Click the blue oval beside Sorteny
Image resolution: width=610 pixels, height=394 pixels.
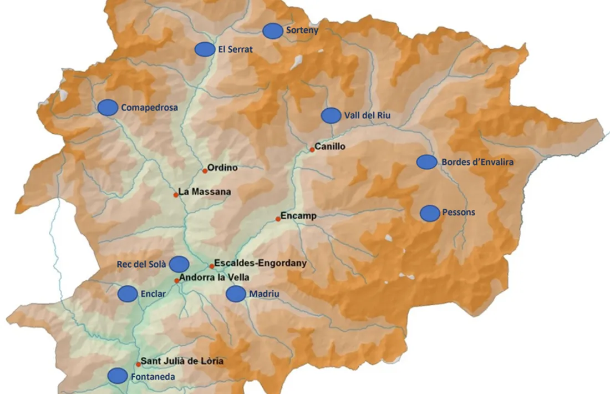(272, 31)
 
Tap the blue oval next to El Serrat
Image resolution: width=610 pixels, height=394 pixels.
(205, 49)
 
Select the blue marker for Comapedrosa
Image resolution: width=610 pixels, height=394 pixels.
(108, 108)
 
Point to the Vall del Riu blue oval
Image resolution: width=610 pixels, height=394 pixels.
(331, 115)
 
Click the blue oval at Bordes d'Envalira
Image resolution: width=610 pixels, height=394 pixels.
(427, 162)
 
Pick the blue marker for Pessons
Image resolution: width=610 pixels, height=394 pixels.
(430, 213)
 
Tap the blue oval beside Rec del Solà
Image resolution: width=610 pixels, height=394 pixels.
(179, 264)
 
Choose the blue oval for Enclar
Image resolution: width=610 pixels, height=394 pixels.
(128, 294)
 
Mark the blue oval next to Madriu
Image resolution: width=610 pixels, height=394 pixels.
(236, 294)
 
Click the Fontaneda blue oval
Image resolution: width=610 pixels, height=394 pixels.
(118, 376)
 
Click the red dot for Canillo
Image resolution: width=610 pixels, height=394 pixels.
(312, 149)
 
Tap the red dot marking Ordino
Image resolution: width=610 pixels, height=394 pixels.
(205, 170)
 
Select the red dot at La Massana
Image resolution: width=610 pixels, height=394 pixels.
(176, 195)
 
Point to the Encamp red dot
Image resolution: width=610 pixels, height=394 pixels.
(278, 219)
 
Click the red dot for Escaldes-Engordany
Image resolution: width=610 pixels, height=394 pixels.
(211, 266)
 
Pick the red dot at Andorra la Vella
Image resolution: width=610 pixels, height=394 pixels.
(177, 281)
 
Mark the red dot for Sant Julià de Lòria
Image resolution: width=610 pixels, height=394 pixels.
(138, 365)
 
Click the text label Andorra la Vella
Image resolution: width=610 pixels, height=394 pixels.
(215, 277)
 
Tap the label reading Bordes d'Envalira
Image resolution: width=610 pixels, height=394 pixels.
(477, 163)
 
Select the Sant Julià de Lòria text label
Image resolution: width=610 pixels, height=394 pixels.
(182, 361)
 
